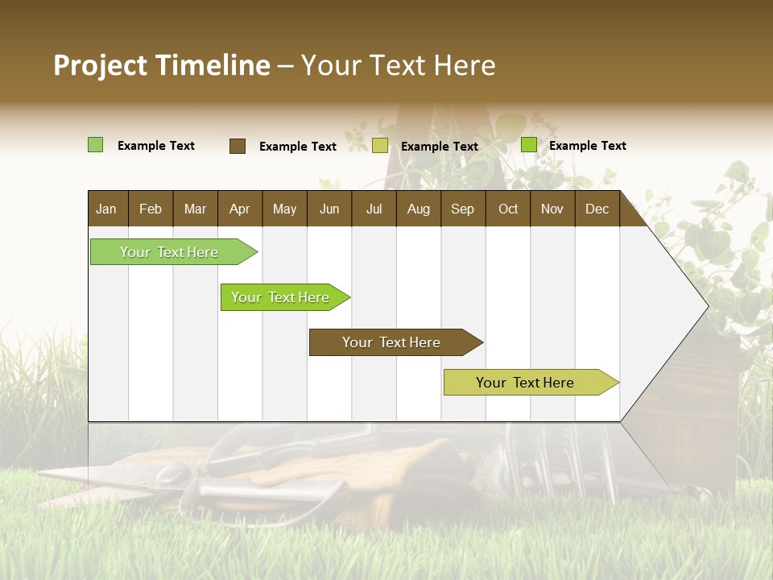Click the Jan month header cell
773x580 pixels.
106,209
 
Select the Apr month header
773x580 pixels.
239,209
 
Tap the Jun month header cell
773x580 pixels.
329,209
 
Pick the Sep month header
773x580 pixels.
462,209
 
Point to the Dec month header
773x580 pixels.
597,209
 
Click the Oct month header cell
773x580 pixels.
508,209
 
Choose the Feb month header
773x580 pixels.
151,209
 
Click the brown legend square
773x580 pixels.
238,146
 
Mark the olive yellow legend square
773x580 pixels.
380,146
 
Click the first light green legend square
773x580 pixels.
95,145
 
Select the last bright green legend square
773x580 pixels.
529,145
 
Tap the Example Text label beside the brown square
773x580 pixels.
298,147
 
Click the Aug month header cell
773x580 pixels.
418,209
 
